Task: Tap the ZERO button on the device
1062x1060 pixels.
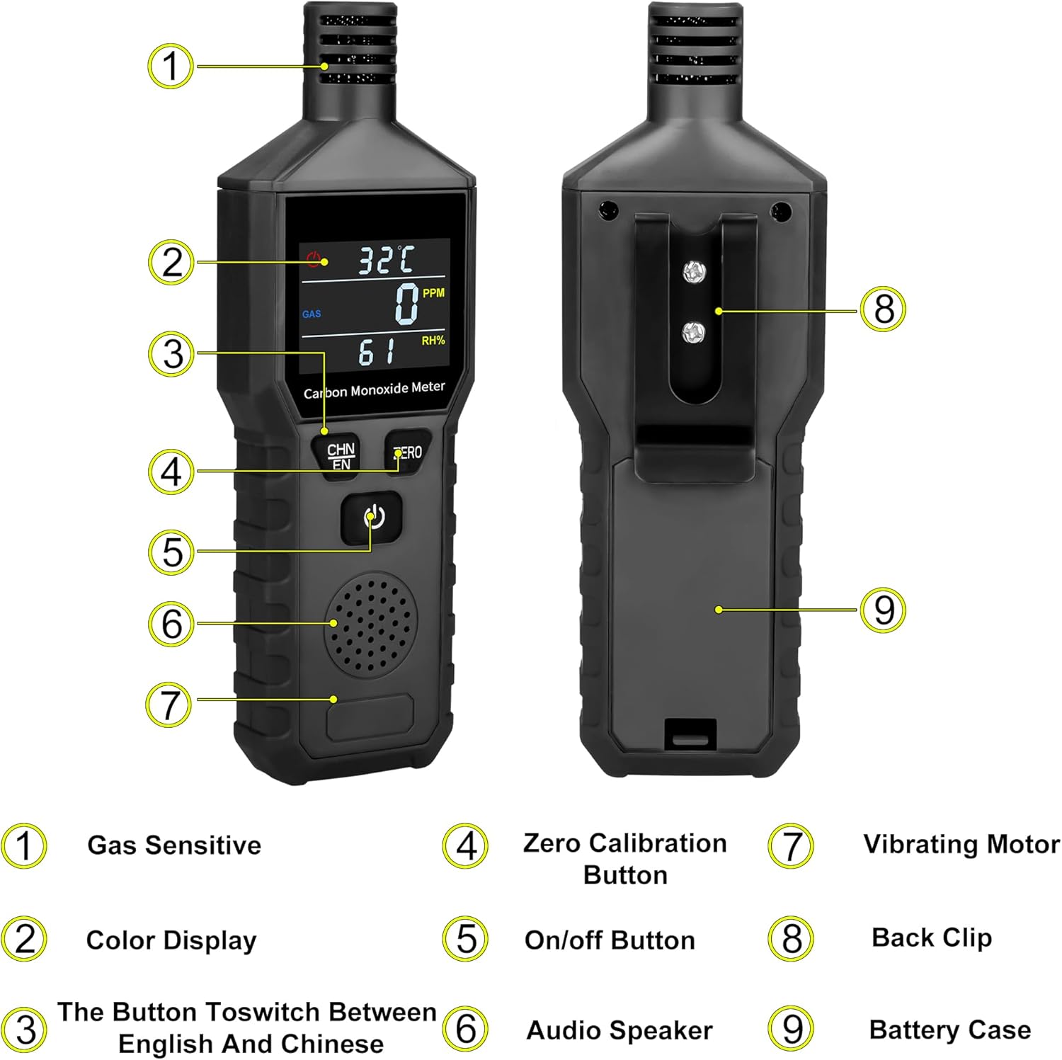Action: (408, 452)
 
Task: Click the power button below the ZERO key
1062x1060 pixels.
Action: (372, 518)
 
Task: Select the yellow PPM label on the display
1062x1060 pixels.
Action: (433, 292)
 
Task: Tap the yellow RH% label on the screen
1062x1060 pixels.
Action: (433, 341)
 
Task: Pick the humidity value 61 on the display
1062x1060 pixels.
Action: (376, 352)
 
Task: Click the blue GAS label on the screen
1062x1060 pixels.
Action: (312, 314)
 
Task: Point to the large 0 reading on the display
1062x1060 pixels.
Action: (406, 304)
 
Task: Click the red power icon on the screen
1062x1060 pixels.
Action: (314, 258)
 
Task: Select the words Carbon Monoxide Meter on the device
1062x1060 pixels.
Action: (374, 389)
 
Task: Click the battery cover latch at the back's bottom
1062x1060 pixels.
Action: (690, 734)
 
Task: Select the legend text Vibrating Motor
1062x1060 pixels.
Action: (961, 844)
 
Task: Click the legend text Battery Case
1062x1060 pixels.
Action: (949, 1030)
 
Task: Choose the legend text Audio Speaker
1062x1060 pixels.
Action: (619, 1030)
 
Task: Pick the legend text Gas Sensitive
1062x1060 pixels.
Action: (174, 845)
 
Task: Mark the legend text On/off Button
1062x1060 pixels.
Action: (610, 940)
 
